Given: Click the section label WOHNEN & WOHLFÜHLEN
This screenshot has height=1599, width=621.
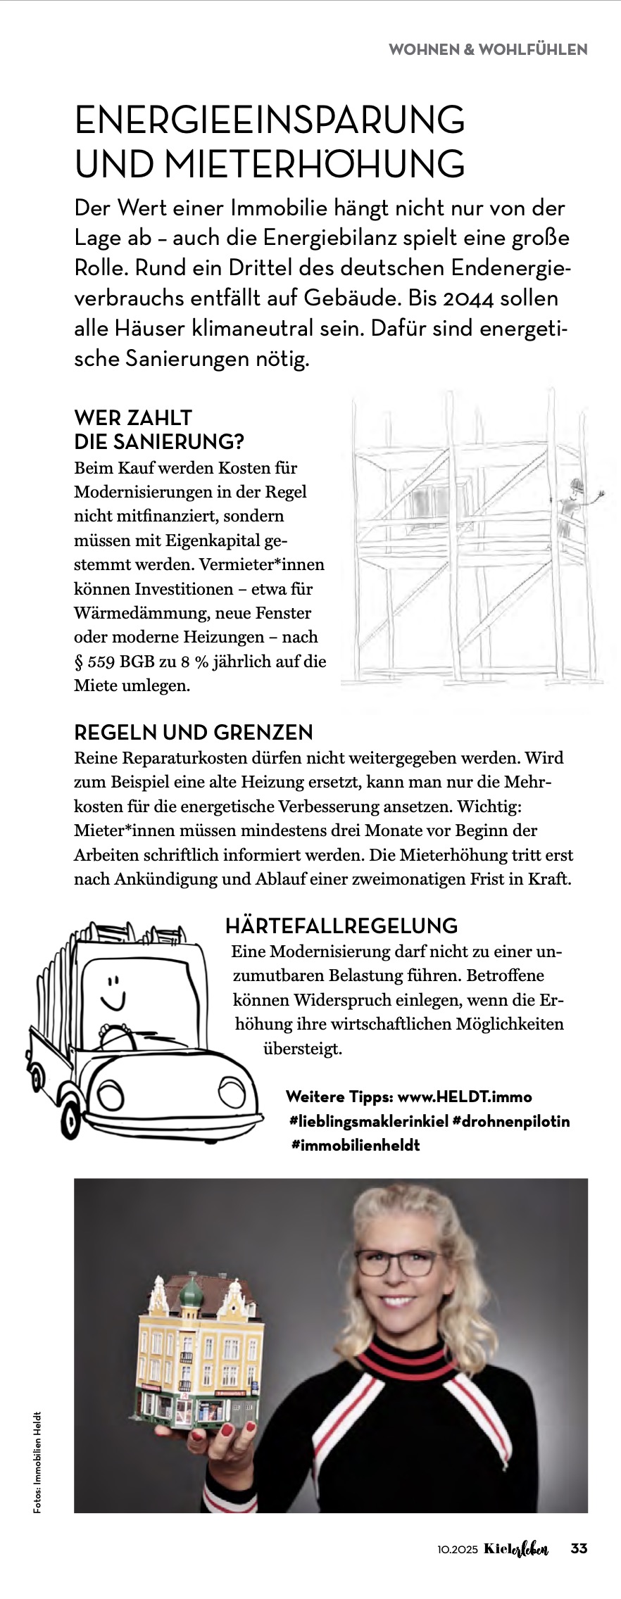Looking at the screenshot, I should click(487, 49).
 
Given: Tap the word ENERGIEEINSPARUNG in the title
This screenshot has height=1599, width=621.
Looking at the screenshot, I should click(270, 120).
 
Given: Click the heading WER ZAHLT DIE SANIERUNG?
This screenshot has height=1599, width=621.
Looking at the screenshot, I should click(159, 429).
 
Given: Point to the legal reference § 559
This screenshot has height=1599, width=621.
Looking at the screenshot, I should click(95, 662).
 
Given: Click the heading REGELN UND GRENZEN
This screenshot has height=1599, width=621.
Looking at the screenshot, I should click(193, 733).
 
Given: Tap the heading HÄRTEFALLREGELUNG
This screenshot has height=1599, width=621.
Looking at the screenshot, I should click(341, 925).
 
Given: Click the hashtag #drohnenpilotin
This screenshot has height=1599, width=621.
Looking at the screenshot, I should click(510, 1121).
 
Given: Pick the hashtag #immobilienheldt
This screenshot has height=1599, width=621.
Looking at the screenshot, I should click(356, 1145).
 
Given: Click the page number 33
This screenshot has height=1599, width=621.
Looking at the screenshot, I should click(579, 1549).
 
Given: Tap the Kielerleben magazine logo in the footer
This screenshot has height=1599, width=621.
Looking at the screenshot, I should click(516, 1549).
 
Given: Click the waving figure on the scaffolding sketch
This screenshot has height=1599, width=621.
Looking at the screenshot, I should click(574, 501).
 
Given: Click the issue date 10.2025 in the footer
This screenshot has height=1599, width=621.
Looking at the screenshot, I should click(457, 1550).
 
